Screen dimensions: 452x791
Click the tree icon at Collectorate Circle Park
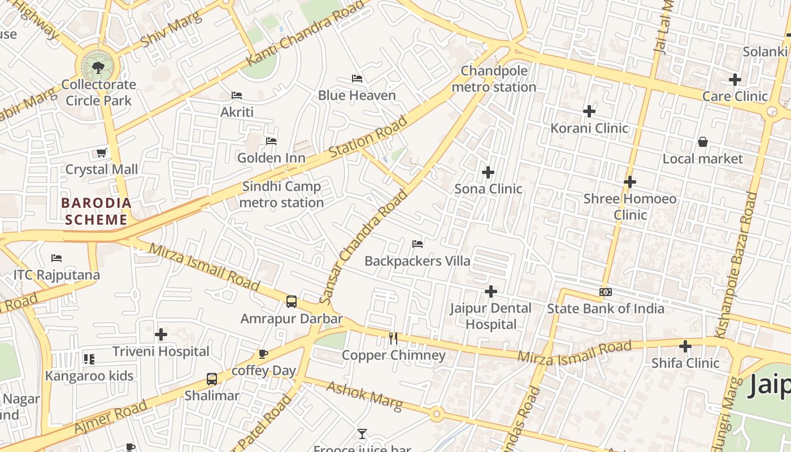point(98,68)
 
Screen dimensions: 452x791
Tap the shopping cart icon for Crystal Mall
point(102,153)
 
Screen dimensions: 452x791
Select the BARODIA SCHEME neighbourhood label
point(96,211)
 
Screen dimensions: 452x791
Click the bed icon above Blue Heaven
point(357,78)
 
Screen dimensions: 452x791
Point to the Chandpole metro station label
point(494,79)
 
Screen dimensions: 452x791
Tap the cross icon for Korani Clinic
point(589,111)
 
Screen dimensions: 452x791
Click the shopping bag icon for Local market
point(702,141)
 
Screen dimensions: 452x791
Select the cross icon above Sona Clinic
point(488,172)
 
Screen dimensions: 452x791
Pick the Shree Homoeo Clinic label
point(629,206)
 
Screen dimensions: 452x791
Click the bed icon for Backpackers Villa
point(418,244)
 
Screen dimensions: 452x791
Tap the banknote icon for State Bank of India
point(605,292)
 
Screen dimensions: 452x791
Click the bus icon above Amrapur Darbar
point(292,301)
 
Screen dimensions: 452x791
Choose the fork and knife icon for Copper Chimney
point(393,338)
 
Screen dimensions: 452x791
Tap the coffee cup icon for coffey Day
point(263,354)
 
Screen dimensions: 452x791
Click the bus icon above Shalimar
point(212,379)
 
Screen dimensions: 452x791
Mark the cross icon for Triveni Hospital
point(161,334)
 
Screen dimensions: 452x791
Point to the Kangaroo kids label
point(89,376)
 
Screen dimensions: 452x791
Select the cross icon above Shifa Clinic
point(685,346)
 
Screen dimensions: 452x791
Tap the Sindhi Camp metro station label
point(281,194)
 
